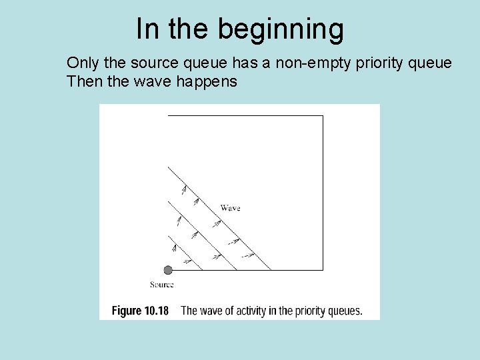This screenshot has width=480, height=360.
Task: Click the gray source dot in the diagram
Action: [168, 270]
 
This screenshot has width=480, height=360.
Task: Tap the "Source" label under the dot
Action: [162, 285]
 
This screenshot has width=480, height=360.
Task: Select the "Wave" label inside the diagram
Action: [230, 208]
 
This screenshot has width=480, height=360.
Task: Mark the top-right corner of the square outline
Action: [323, 116]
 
